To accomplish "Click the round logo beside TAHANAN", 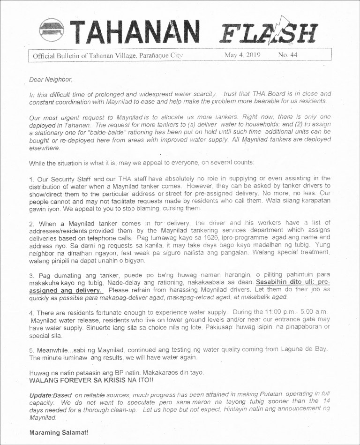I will point(52,31).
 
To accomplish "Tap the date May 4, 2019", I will point(242,55).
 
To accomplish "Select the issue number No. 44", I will point(287,55).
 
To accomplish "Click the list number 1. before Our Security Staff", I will point(31,178).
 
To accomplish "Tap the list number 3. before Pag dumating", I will point(31,275).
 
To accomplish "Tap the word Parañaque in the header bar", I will point(139,55).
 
